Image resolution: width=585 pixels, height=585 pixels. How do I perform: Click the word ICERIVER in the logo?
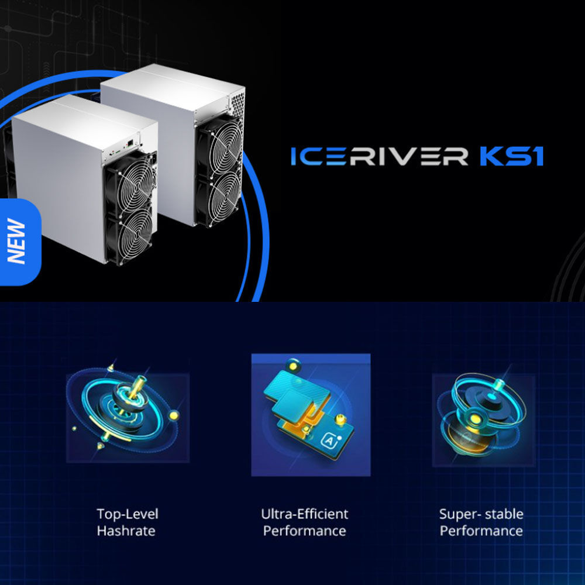click(379, 156)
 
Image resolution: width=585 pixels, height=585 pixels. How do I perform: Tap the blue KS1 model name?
click(511, 156)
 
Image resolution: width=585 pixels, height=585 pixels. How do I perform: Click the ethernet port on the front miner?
click(130, 143)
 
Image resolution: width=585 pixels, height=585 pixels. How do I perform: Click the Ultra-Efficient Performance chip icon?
click(311, 415)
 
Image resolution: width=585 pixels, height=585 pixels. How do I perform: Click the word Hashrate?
click(126, 531)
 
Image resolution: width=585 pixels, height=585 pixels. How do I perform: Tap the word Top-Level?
click(128, 514)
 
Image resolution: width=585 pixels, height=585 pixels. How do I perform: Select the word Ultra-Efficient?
click(304, 514)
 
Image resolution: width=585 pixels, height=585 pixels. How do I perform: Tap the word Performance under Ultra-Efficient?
click(304, 531)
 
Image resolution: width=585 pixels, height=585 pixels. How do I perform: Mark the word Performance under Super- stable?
click(481, 531)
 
